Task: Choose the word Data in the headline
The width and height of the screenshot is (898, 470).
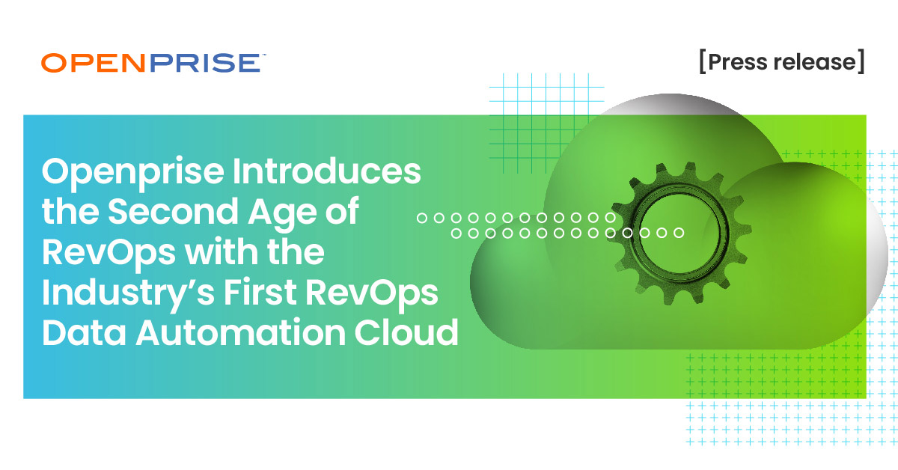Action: coord(82,332)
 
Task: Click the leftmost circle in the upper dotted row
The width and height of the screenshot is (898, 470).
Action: coord(421,218)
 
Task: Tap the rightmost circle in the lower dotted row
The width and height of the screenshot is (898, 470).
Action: coord(679,233)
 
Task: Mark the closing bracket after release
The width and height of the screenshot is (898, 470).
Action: coord(861,62)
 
